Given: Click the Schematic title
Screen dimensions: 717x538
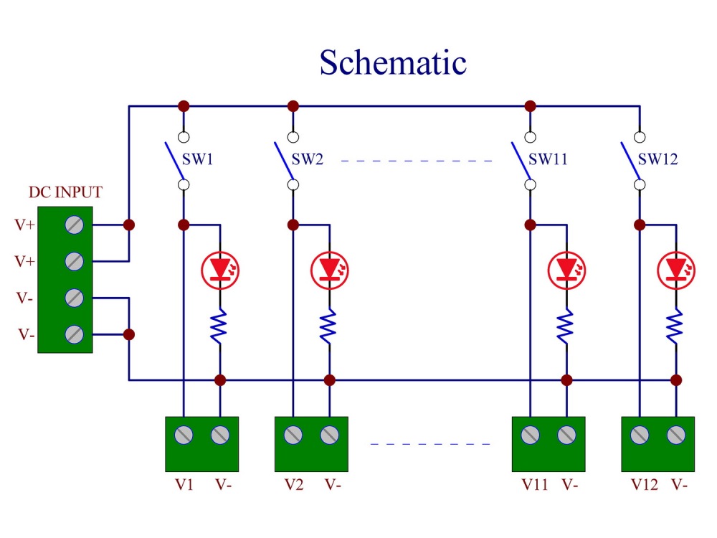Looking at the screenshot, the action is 393,62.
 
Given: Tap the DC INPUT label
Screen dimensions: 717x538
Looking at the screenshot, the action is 65,192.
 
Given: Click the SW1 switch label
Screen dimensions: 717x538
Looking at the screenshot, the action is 198,159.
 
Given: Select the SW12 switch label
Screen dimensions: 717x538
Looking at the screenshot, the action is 657,159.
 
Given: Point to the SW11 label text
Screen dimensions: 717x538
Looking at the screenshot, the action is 548,159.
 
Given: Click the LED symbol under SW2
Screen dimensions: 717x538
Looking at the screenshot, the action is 329,270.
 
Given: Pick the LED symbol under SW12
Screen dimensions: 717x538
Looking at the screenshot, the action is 676,270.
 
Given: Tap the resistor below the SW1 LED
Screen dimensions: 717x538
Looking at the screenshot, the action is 219,326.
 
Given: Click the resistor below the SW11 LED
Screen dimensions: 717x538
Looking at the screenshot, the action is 566,326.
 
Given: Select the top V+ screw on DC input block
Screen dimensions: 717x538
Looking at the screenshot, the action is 74,225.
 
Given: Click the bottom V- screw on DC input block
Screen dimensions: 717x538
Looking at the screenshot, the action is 74,334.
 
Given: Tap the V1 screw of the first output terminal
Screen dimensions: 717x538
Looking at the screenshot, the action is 184,435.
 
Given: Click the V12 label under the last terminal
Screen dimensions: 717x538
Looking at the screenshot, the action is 645,484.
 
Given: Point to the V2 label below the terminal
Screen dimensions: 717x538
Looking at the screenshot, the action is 293,484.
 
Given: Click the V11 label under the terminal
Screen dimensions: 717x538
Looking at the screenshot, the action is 535,484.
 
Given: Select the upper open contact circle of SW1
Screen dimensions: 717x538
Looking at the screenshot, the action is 184,137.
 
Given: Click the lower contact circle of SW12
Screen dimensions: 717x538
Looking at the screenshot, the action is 640,185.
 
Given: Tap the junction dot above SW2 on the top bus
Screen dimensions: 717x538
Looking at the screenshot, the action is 293,106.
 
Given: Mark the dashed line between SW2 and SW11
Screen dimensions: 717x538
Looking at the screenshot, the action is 417,161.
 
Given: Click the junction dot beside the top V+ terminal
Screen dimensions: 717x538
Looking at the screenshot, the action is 129,225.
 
